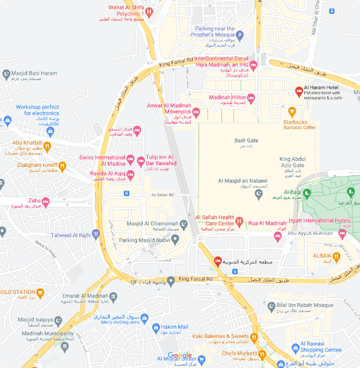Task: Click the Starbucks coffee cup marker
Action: click(x=292, y=111)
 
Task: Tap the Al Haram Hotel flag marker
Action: click(x=299, y=91)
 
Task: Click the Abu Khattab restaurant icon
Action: click(x=47, y=146)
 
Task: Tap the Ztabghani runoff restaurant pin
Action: click(x=63, y=167)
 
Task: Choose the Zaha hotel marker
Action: click(x=46, y=202)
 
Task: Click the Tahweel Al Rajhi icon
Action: click(x=95, y=234)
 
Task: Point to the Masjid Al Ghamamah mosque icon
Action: click(x=184, y=224)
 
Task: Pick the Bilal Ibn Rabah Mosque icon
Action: click(x=269, y=306)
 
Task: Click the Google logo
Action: click(x=179, y=355)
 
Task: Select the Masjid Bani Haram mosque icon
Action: click(x=6, y=74)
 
